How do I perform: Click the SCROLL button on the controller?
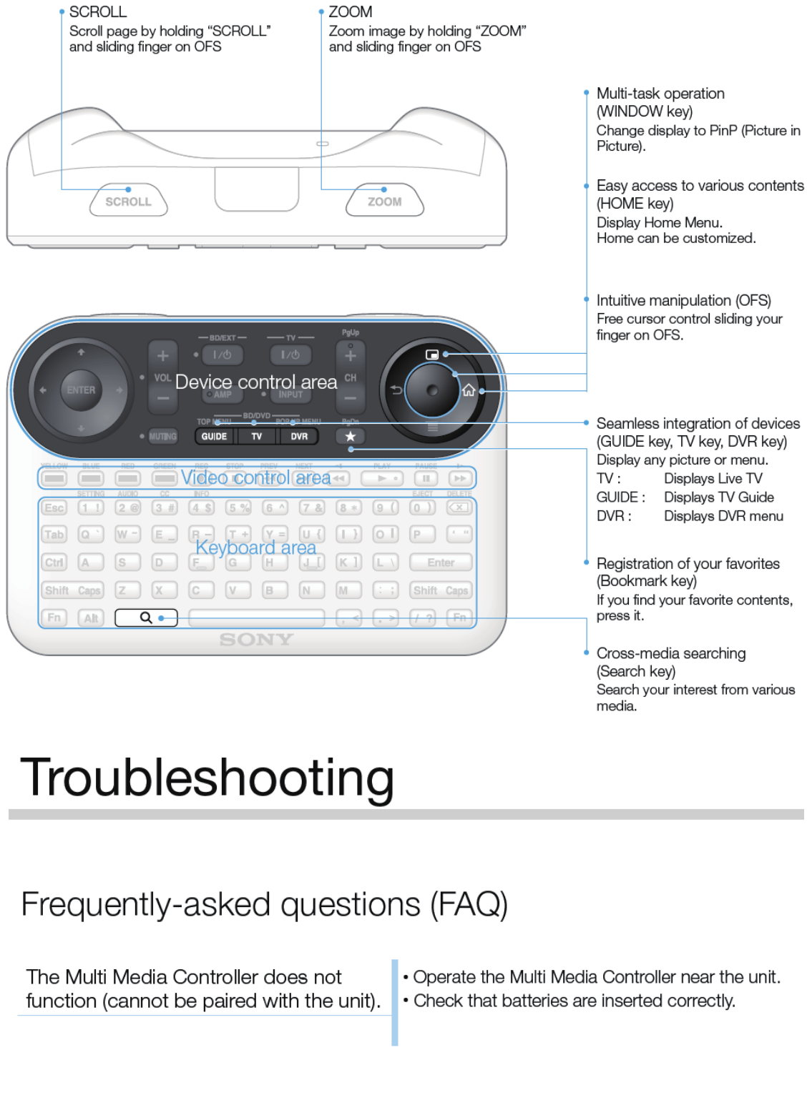tap(129, 202)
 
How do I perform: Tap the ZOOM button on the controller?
tap(385, 202)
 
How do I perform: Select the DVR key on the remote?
tap(299, 436)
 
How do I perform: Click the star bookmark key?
tap(350, 436)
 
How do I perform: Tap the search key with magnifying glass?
tap(146, 618)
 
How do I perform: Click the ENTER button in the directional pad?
tap(81, 390)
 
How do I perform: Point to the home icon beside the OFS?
tap(469, 390)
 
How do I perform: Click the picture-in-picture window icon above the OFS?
tap(432, 355)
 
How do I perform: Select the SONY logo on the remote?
tap(256, 640)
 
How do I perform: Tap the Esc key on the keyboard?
tap(54, 507)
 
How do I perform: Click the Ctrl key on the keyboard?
tap(54, 563)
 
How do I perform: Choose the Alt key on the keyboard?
tap(91, 618)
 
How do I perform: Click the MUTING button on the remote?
tap(162, 436)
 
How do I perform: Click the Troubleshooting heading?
tap(207, 778)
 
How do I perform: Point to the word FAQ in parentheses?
tap(469, 904)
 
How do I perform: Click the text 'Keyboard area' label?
tap(255, 548)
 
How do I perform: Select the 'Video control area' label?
tap(255, 477)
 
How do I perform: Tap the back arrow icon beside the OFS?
tap(396, 390)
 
